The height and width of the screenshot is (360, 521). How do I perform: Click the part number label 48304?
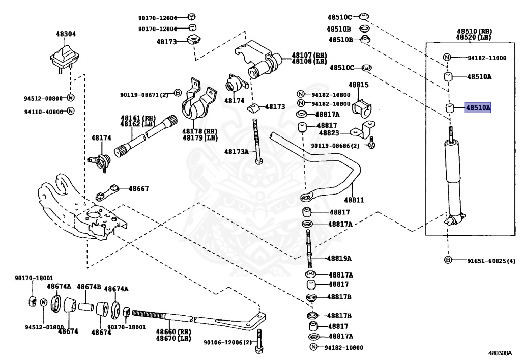(x=66, y=34)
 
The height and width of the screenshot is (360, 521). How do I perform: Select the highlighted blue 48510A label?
(x=477, y=108)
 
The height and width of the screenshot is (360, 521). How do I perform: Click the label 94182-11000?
(x=487, y=58)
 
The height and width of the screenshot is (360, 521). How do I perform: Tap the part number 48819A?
(x=339, y=258)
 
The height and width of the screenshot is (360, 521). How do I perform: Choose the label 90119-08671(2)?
(x=144, y=94)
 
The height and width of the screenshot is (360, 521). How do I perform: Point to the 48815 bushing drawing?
(x=363, y=105)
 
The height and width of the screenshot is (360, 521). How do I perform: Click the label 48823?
(x=329, y=133)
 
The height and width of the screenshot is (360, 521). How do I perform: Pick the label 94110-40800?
(x=44, y=111)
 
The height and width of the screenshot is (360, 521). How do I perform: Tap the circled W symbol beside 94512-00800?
(x=71, y=98)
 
